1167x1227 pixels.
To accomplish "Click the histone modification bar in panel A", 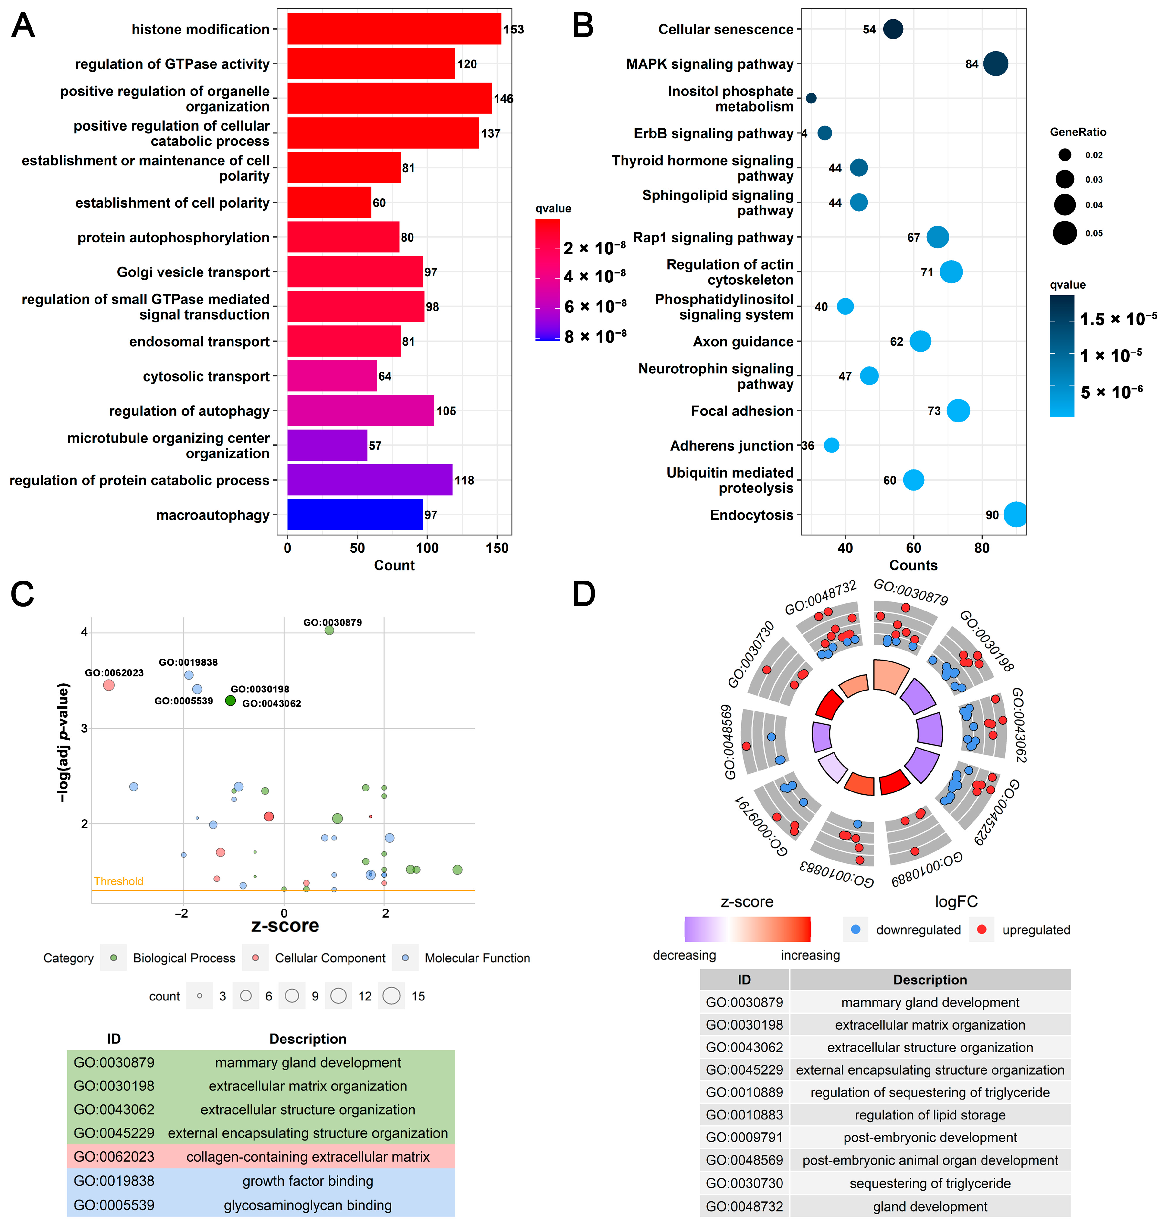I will click(x=394, y=29).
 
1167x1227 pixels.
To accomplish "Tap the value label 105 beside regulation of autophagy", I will click(x=446, y=411).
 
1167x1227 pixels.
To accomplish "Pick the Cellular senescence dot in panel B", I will click(x=893, y=29).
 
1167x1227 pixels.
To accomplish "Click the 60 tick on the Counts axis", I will click(x=913, y=548).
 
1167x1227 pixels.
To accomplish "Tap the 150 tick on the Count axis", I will click(x=497, y=548).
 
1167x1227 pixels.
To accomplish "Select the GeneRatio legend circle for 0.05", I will click(x=1065, y=233).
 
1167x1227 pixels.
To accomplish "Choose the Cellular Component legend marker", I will click(x=255, y=958).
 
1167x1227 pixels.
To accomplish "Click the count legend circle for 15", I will click(x=391, y=996).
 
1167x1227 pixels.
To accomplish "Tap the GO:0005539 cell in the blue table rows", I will click(x=114, y=1205).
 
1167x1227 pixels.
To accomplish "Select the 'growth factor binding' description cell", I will click(x=308, y=1180).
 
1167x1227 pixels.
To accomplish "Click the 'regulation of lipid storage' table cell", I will click(x=930, y=1114).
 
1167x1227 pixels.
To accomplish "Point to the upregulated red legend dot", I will click(x=982, y=930).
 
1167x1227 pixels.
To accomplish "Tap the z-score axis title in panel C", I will click(x=285, y=925).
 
